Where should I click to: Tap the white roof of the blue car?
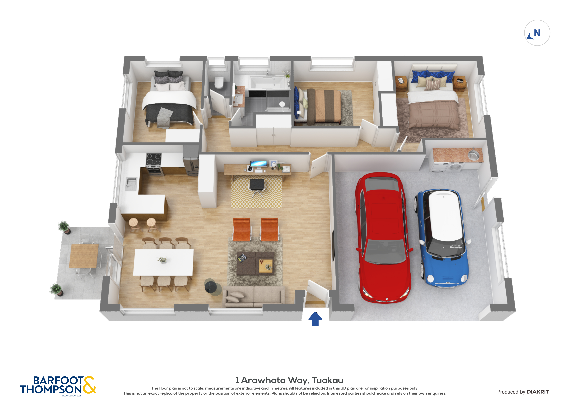click(x=446, y=215)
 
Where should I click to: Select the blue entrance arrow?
click(x=315, y=319)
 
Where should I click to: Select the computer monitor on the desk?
click(x=259, y=164)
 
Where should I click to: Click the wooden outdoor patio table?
click(x=84, y=256)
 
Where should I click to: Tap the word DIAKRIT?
click(x=538, y=392)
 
